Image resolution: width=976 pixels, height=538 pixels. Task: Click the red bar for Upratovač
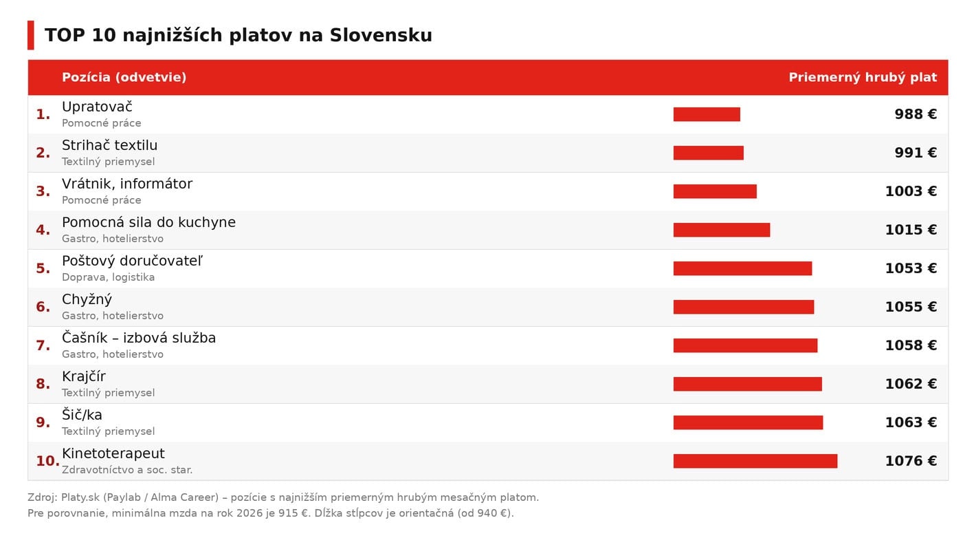(x=707, y=114)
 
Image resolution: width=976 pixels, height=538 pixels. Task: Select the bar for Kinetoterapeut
(x=755, y=461)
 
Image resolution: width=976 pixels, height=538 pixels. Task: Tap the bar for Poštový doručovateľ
(x=742, y=268)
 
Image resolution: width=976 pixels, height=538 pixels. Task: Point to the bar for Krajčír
(x=747, y=384)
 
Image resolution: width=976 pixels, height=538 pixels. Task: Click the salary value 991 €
(x=916, y=153)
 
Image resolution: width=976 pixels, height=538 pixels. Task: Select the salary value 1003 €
(x=911, y=191)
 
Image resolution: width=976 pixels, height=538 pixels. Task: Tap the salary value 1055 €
(x=911, y=306)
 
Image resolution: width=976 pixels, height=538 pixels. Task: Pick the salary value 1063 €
(x=911, y=422)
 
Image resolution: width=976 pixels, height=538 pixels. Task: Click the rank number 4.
(x=43, y=230)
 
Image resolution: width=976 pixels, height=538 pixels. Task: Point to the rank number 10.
(x=47, y=461)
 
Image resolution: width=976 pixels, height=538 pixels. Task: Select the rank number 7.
(x=43, y=345)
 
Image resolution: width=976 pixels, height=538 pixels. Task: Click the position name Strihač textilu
(x=109, y=145)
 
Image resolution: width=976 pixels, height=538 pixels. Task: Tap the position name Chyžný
(x=87, y=300)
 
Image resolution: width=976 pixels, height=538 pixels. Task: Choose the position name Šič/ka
(x=82, y=415)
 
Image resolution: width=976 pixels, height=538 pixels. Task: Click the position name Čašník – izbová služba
(x=139, y=338)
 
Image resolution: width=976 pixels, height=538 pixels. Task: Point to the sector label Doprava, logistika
(x=108, y=277)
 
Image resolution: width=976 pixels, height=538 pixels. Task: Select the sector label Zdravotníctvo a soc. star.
(x=126, y=470)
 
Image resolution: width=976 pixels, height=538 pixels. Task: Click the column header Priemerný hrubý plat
(x=863, y=78)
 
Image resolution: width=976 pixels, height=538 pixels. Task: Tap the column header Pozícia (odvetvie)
(x=124, y=78)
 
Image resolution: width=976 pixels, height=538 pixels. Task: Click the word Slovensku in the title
(x=381, y=35)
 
